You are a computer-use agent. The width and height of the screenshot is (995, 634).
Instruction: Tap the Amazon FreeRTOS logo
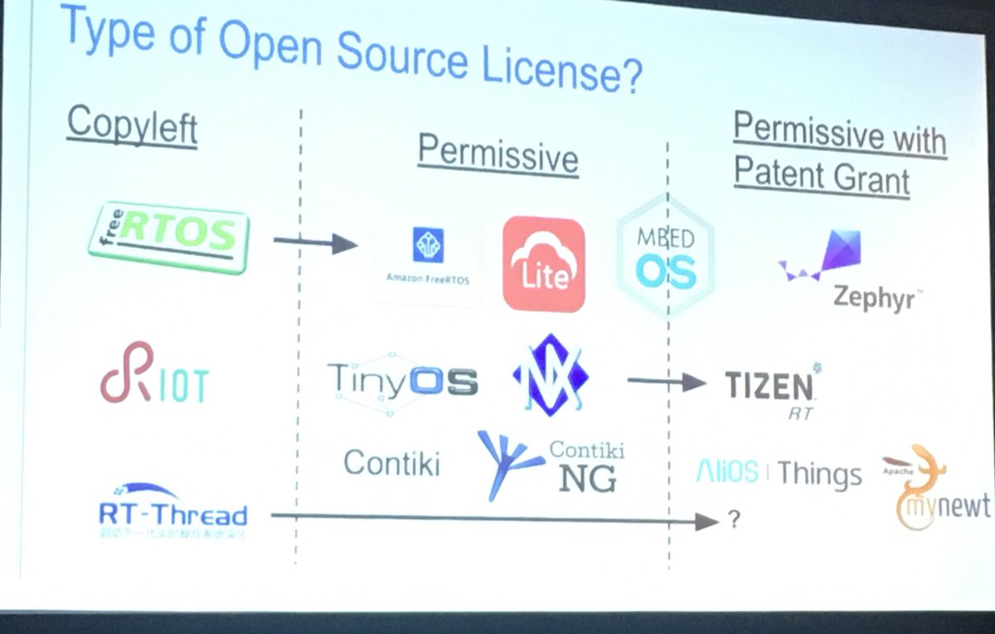(428, 258)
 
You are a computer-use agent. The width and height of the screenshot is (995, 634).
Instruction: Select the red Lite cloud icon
(544, 263)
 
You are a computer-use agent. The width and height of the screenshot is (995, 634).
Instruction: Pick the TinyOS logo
(402, 381)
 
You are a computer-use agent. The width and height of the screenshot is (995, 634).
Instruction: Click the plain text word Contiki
(391, 464)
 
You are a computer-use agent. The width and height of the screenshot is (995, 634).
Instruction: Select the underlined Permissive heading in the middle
(498, 154)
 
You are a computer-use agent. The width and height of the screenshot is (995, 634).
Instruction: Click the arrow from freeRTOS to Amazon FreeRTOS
(314, 243)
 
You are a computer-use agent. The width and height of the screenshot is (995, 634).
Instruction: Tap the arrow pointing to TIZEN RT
(667, 383)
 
